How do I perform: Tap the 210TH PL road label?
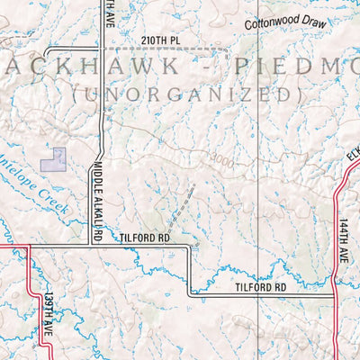(x=160, y=40)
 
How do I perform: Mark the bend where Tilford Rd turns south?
(x=189, y=246)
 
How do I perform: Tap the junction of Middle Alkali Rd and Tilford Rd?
(x=98, y=244)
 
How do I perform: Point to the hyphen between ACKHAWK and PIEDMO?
(x=204, y=68)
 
